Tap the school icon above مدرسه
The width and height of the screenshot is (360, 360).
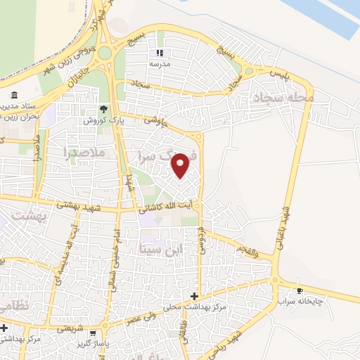pos(160,52)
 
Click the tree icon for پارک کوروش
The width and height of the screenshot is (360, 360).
pos(104,108)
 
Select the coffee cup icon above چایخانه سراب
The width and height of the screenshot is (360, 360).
pos(300,290)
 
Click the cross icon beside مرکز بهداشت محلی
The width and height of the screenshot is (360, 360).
pos(195,296)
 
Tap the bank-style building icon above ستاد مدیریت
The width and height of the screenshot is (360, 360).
pos(14,95)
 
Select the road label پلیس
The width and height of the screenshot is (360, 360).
pos(279,73)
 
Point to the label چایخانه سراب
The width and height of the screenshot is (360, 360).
pos(300,301)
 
